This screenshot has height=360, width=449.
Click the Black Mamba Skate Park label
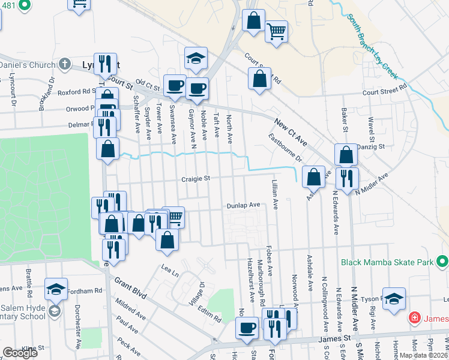pyautogui.click(x=388, y=262)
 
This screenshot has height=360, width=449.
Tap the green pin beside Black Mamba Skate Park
pyautogui.click(x=443, y=262)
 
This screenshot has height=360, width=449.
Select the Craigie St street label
pyautogui.click(x=196, y=178)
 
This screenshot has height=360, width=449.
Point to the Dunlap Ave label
pyautogui.click(x=243, y=205)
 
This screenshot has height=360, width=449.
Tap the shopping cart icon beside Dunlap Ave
pyautogui.click(x=173, y=217)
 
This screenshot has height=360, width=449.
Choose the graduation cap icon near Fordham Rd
pyautogui.click(x=55, y=288)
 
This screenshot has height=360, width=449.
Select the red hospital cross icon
pyautogui.click(x=414, y=317)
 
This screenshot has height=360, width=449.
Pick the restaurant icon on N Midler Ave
pyautogui.click(x=348, y=177)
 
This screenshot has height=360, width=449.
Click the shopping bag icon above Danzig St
pyautogui.click(x=346, y=154)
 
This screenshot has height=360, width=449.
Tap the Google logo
pyautogui.click(x=20, y=353)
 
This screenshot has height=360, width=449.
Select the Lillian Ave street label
pyautogui.click(x=275, y=195)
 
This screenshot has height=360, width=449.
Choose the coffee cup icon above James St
pyautogui.click(x=247, y=328)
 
